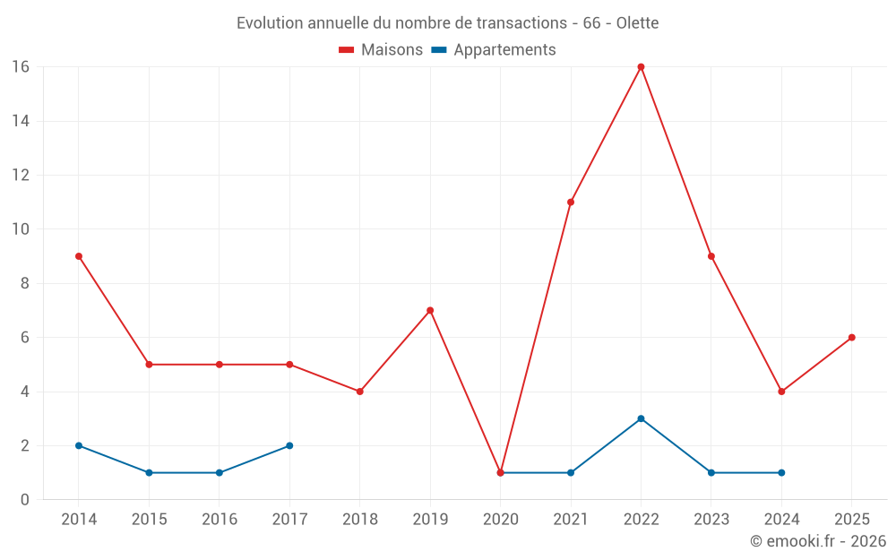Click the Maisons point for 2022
coord(641,67)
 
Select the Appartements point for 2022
coord(641,418)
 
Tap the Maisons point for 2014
coord(79,256)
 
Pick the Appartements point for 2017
coord(289,445)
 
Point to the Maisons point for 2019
coord(430,310)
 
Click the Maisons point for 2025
coord(851,338)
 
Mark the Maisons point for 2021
coord(571,202)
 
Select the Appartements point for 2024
coord(781,472)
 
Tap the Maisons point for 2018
coord(359,392)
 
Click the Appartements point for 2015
coord(149,472)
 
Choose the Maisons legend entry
coord(381,50)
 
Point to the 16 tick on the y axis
coord(21,67)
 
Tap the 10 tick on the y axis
coord(21,229)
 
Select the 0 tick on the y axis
coord(25,500)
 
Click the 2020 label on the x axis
coord(500,520)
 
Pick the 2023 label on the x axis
coord(711,520)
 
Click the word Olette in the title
coord(637,23)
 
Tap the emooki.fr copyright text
coord(817,541)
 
